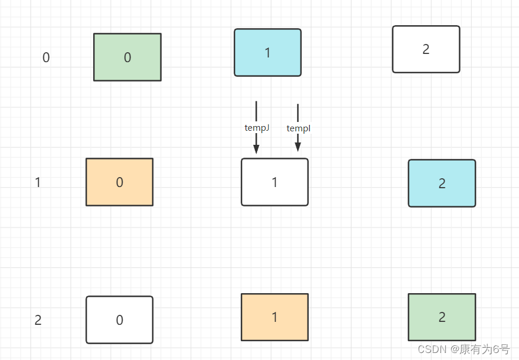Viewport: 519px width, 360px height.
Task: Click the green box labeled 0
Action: (127, 57)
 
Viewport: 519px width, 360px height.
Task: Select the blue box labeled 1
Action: (268, 53)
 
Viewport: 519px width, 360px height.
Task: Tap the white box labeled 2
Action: (426, 49)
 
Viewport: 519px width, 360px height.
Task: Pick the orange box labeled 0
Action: (119, 182)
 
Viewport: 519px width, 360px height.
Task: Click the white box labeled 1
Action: (275, 182)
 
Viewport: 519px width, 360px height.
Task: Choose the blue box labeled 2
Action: (442, 184)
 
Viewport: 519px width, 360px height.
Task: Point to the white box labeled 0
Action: (119, 320)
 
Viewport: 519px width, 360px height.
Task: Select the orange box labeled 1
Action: (275, 317)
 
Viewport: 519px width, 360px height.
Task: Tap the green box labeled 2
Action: (442, 317)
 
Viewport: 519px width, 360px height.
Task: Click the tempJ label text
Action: (257, 127)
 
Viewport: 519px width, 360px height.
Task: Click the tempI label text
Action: (298, 128)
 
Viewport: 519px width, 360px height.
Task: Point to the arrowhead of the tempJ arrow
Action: (256, 149)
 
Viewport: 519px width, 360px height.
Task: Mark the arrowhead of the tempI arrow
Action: (298, 147)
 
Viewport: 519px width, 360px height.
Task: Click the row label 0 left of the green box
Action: (46, 57)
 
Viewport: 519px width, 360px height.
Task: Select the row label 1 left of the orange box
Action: (38, 182)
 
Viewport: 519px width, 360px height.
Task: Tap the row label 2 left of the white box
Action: (38, 320)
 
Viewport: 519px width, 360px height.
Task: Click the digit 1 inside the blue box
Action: (268, 53)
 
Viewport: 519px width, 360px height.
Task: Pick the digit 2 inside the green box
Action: (442, 317)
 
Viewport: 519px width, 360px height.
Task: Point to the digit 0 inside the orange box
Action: (119, 182)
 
